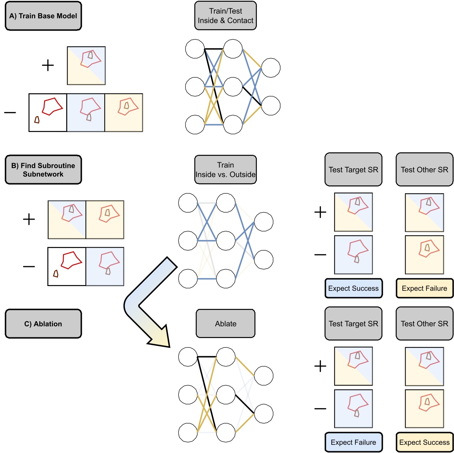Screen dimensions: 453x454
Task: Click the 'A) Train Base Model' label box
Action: click(x=43, y=16)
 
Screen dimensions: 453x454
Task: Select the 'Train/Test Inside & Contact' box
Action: click(x=226, y=16)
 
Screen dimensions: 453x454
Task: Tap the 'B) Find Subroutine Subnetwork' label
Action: click(x=43, y=170)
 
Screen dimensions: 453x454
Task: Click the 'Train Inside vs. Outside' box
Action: click(x=226, y=170)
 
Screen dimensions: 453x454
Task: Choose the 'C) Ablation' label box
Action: click(x=43, y=324)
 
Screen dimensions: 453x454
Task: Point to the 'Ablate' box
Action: click(x=226, y=323)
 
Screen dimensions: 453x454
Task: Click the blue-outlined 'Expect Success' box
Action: click(x=353, y=288)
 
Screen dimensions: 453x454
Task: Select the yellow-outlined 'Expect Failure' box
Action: click(x=424, y=288)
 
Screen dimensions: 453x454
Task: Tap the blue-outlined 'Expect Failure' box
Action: click(x=353, y=442)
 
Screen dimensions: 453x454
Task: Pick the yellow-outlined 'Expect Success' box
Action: click(x=424, y=442)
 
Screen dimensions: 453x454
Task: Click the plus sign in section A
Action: click(x=48, y=65)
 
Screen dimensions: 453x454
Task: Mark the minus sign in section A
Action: click(x=10, y=113)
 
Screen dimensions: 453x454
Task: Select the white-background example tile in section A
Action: click(x=48, y=113)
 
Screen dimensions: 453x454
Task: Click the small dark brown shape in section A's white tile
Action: click(x=37, y=120)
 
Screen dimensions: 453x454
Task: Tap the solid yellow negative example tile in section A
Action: click(x=124, y=113)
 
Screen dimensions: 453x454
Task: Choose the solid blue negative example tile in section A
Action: click(x=86, y=113)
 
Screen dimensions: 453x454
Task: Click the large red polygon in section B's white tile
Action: click(x=72, y=260)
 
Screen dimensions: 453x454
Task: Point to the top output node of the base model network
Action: click(x=271, y=68)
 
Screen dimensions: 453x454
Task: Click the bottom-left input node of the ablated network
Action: click(x=188, y=433)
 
